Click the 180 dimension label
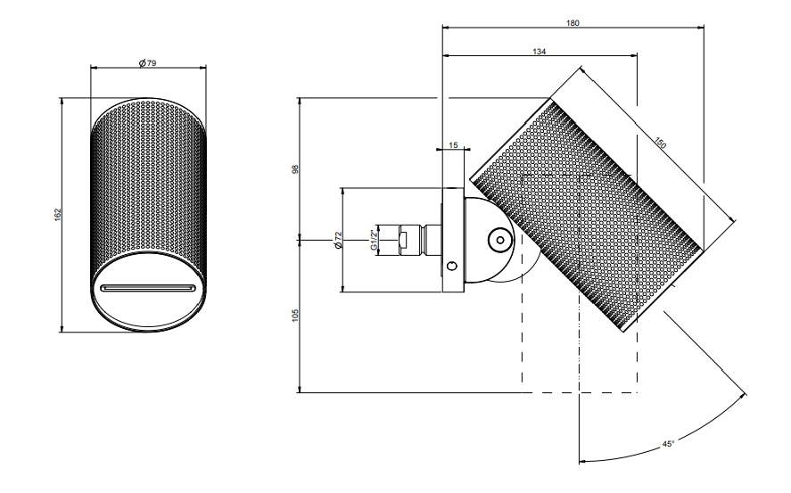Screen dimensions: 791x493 [573, 22]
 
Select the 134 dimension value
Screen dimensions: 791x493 [540, 52]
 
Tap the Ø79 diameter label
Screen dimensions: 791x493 [148, 63]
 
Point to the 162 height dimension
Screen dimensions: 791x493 [57, 214]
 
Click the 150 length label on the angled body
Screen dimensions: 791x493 [660, 143]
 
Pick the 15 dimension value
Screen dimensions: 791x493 [453, 145]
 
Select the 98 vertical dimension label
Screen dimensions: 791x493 [295, 168]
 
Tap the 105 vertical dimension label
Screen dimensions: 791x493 [295, 316]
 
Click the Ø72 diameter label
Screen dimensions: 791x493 [339, 240]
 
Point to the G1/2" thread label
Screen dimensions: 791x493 [374, 240]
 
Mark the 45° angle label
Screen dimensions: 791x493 [668, 444]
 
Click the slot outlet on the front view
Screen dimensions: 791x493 [148, 288]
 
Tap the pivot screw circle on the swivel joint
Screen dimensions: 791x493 [500, 241]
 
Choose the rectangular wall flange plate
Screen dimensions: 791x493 [452, 240]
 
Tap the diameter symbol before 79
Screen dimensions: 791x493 [143, 63]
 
